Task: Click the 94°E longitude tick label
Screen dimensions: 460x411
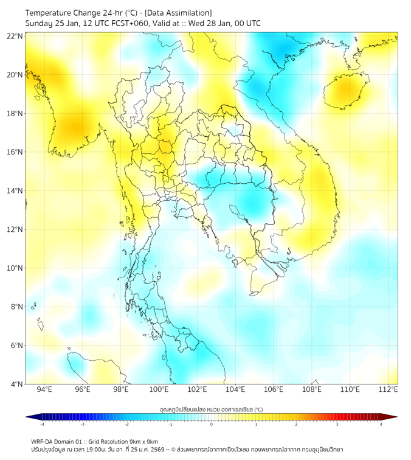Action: [x=44, y=389]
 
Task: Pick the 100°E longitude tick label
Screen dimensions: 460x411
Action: [x=159, y=389]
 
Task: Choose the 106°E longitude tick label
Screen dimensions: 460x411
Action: [x=274, y=389]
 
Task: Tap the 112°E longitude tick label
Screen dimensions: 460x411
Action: [x=389, y=389]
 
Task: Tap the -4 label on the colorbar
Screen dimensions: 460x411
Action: [x=42, y=424]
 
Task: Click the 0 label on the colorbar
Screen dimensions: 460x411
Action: [x=212, y=424]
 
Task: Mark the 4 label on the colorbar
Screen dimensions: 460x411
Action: [x=381, y=424]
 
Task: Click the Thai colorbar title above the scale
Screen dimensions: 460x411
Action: [x=211, y=409]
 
